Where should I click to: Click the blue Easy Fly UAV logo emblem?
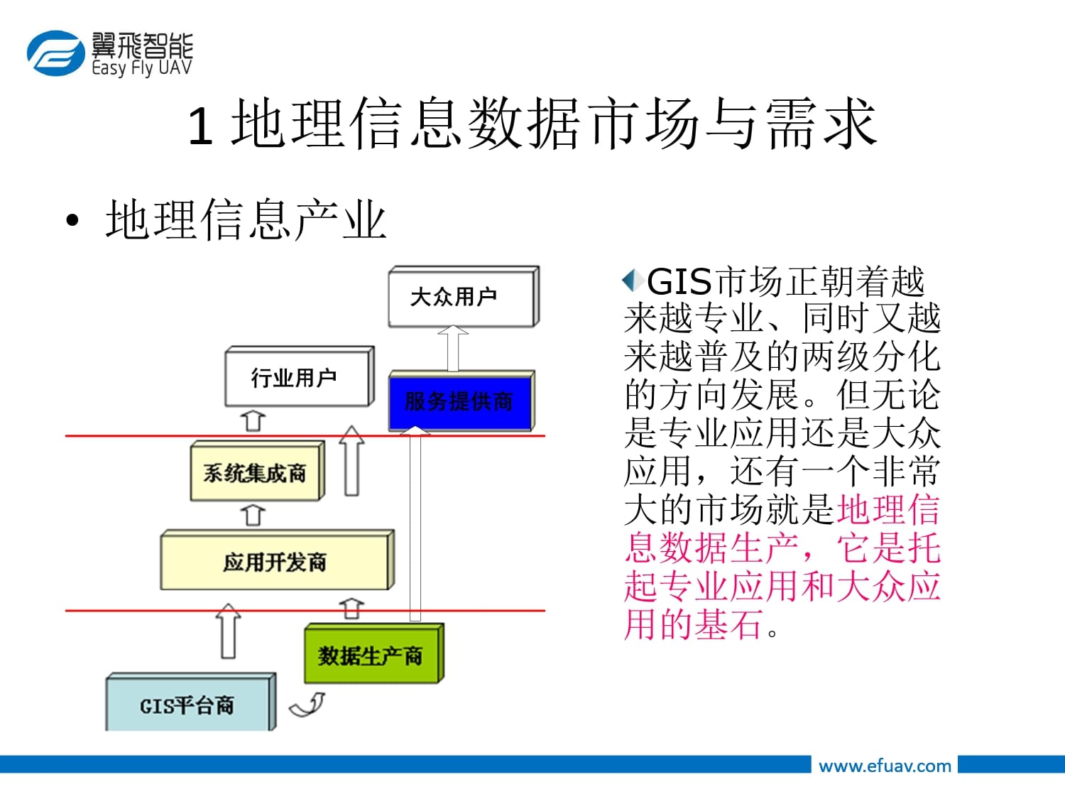[56, 53]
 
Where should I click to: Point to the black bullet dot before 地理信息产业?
[72, 220]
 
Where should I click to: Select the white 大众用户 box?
[464, 296]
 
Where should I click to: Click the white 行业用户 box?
[300, 376]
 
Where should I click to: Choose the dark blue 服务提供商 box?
[461, 401]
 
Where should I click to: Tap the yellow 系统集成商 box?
[258, 471]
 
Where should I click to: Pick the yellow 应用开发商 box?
[278, 560]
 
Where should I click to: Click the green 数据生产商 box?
[374, 653]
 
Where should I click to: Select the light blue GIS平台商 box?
[191, 702]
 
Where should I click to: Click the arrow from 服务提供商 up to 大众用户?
[453, 349]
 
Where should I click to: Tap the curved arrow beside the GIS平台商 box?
[307, 705]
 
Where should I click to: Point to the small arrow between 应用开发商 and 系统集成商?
[253, 515]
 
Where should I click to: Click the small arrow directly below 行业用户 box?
[253, 421]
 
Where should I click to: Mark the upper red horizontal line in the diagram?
[305, 435]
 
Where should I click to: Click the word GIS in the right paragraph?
[679, 282]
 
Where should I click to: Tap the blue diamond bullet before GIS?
[633, 280]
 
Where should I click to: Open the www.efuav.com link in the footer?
[885, 766]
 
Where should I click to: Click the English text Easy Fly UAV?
[142, 68]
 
